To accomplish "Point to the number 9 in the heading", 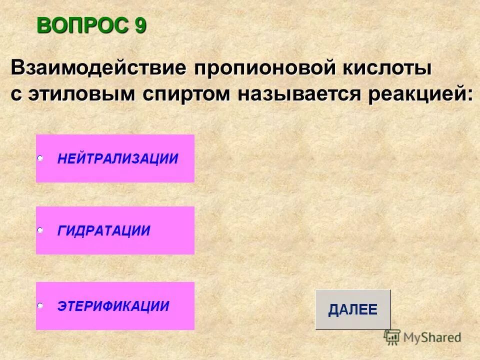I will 140,25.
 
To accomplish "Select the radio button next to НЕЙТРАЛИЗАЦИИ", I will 40,158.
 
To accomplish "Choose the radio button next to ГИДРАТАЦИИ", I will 40,230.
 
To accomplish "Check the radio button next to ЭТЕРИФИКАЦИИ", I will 40,305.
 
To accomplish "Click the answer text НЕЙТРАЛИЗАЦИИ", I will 117,159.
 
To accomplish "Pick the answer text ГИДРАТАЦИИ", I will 104,231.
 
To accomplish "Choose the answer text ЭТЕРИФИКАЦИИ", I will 113,306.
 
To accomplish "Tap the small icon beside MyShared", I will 392,337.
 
